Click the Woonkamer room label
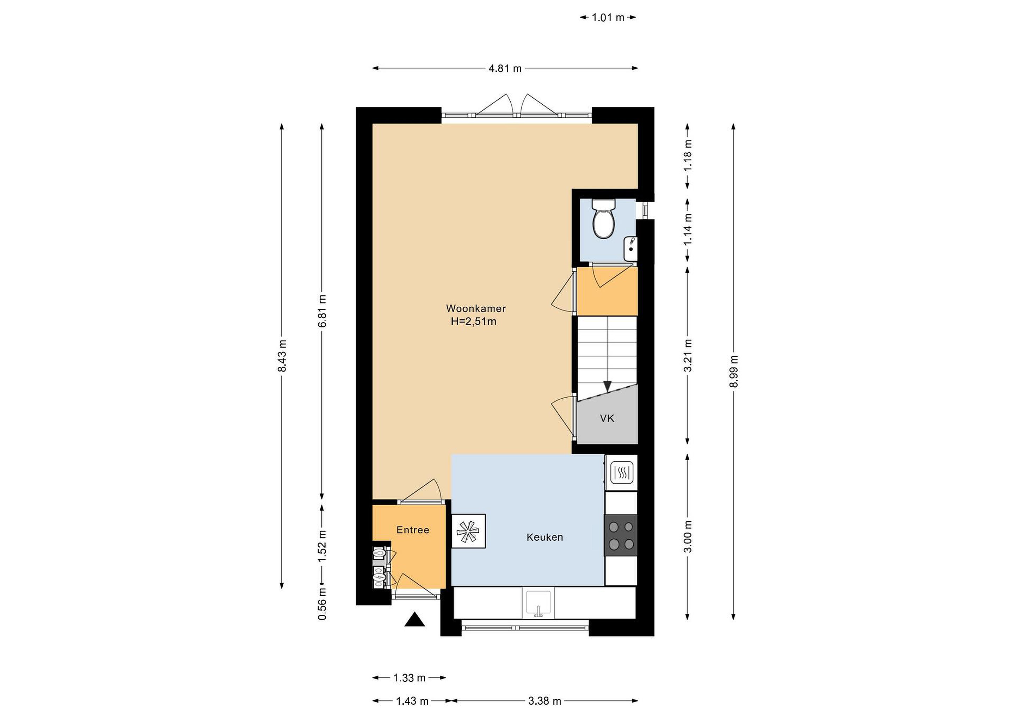click(x=476, y=308)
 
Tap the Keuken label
click(x=545, y=537)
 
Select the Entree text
click(x=412, y=530)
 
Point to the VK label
click(x=607, y=418)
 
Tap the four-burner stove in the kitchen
click(x=621, y=535)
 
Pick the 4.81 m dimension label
click(x=505, y=68)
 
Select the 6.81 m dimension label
click(x=322, y=311)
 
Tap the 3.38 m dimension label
click(x=545, y=701)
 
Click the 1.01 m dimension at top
click(x=608, y=18)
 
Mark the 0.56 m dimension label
click(x=322, y=603)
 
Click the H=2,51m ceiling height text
click(x=473, y=321)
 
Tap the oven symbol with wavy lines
click(x=622, y=473)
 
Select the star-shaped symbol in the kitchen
click(x=468, y=531)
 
